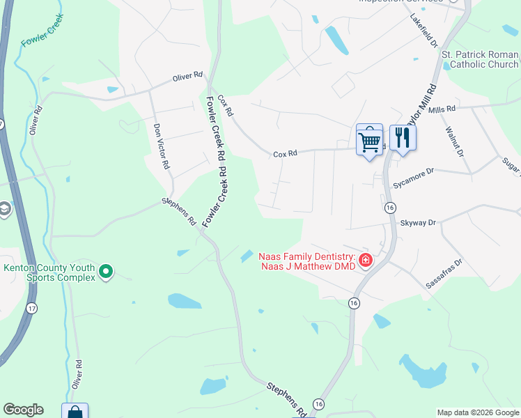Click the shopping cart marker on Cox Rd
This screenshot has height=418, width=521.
point(369,141)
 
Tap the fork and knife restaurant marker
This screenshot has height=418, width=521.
point(402,137)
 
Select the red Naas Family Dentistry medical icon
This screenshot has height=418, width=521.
point(366,261)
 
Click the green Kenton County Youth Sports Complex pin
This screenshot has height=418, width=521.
point(106,271)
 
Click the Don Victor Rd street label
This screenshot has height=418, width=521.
point(161,147)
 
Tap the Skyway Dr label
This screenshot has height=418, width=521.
point(418,222)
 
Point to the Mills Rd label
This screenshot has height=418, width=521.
point(442,109)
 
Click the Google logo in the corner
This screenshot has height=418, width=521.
point(23,410)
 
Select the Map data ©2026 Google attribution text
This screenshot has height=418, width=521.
point(478,412)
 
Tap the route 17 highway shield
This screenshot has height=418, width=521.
point(31,307)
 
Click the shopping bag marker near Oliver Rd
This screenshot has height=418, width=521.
point(75,412)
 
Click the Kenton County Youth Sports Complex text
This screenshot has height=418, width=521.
point(49,272)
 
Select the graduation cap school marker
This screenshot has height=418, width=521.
point(5,209)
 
